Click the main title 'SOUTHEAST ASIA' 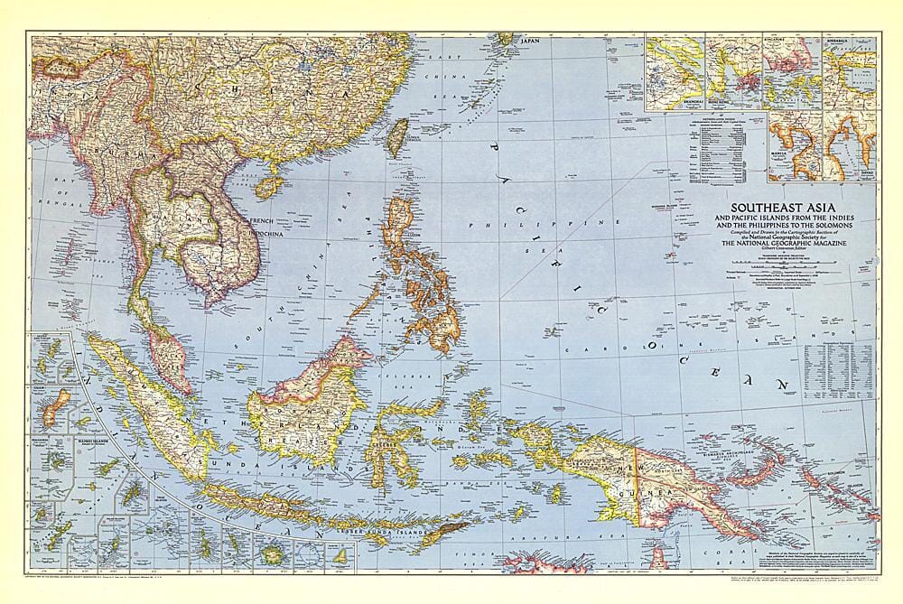777,206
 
